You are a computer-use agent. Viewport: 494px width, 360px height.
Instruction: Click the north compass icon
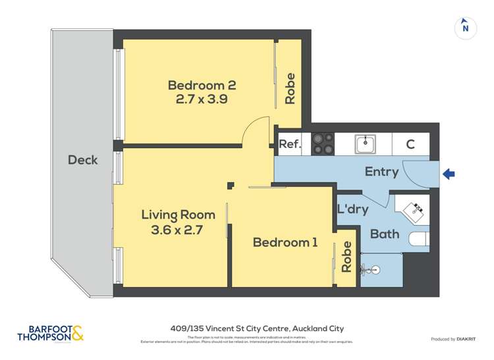coord(465,28)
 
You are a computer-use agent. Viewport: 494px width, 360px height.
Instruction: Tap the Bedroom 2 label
coord(202,86)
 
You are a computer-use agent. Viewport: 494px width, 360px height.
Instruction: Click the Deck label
coord(83,160)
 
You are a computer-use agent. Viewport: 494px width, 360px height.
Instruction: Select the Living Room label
coord(178,215)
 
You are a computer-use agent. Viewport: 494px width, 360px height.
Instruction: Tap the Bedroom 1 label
coord(285,243)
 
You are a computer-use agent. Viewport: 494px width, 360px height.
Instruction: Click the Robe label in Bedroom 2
coord(290,88)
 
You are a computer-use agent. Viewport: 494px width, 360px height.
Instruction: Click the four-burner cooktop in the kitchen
coord(323,144)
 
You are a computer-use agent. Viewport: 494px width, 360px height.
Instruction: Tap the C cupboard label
coord(410,144)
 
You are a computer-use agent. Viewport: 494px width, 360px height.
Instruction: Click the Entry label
coord(381,172)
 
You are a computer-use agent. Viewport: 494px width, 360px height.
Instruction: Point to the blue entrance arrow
coord(449,174)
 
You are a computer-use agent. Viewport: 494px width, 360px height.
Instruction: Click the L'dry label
coord(352,210)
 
